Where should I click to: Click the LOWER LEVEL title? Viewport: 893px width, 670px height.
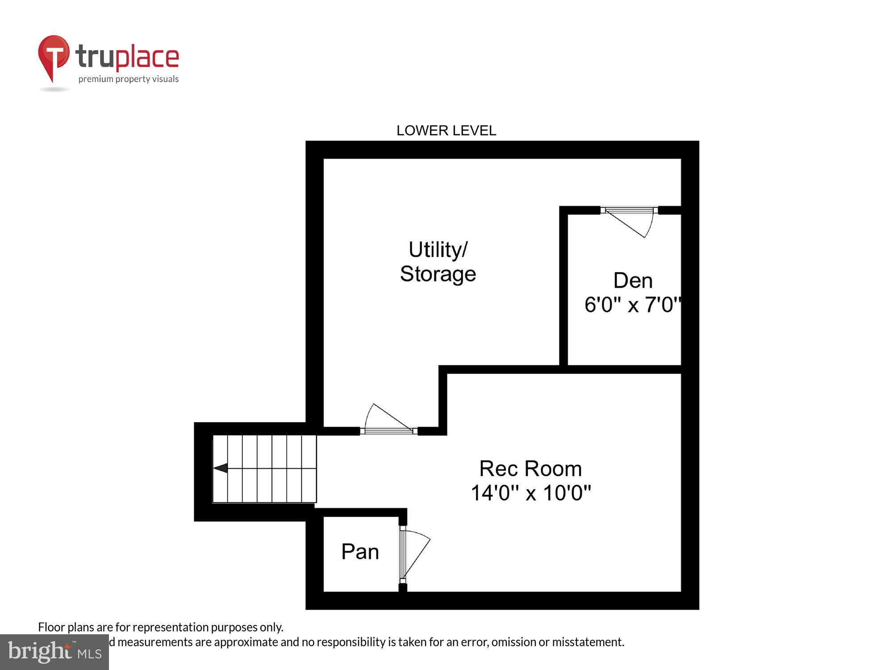446,130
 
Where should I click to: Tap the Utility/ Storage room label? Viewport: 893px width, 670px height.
438,262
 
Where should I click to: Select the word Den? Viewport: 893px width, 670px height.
633,281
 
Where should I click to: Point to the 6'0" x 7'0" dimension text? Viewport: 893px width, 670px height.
632,305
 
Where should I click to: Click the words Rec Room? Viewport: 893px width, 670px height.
530,469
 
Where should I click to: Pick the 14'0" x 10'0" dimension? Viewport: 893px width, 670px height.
530,493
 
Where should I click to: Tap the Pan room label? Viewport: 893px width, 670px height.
360,552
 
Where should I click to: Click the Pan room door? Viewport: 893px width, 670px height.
414,554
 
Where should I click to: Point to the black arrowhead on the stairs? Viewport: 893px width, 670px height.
221,468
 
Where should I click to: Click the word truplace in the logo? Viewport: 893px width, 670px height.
127,57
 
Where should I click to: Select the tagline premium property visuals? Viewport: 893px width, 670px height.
129,79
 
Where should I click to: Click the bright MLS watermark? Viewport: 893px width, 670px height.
54,652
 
